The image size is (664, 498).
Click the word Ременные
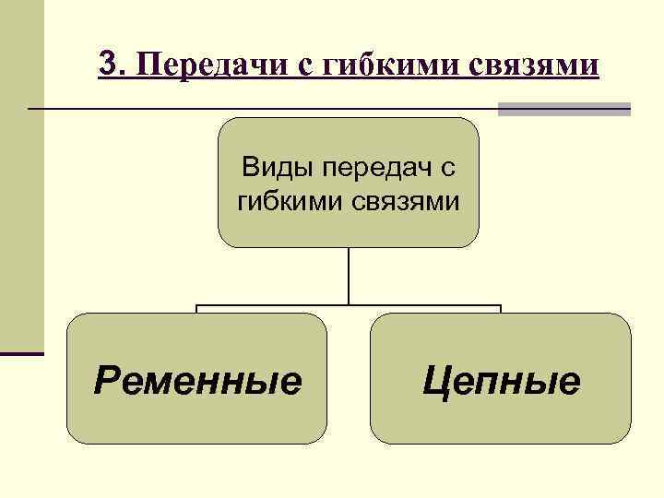[x=197, y=380]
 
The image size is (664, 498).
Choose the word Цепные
[x=501, y=380]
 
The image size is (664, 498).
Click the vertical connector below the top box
[x=349, y=276]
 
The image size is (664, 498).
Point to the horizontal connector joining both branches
[x=349, y=305]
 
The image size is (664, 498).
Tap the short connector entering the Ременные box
[x=197, y=309]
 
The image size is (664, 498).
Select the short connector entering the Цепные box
[x=501, y=309]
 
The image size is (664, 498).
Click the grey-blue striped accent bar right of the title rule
[x=563, y=109]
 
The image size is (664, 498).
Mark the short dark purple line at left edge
[x=22, y=352]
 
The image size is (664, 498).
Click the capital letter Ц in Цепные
[x=436, y=380]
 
